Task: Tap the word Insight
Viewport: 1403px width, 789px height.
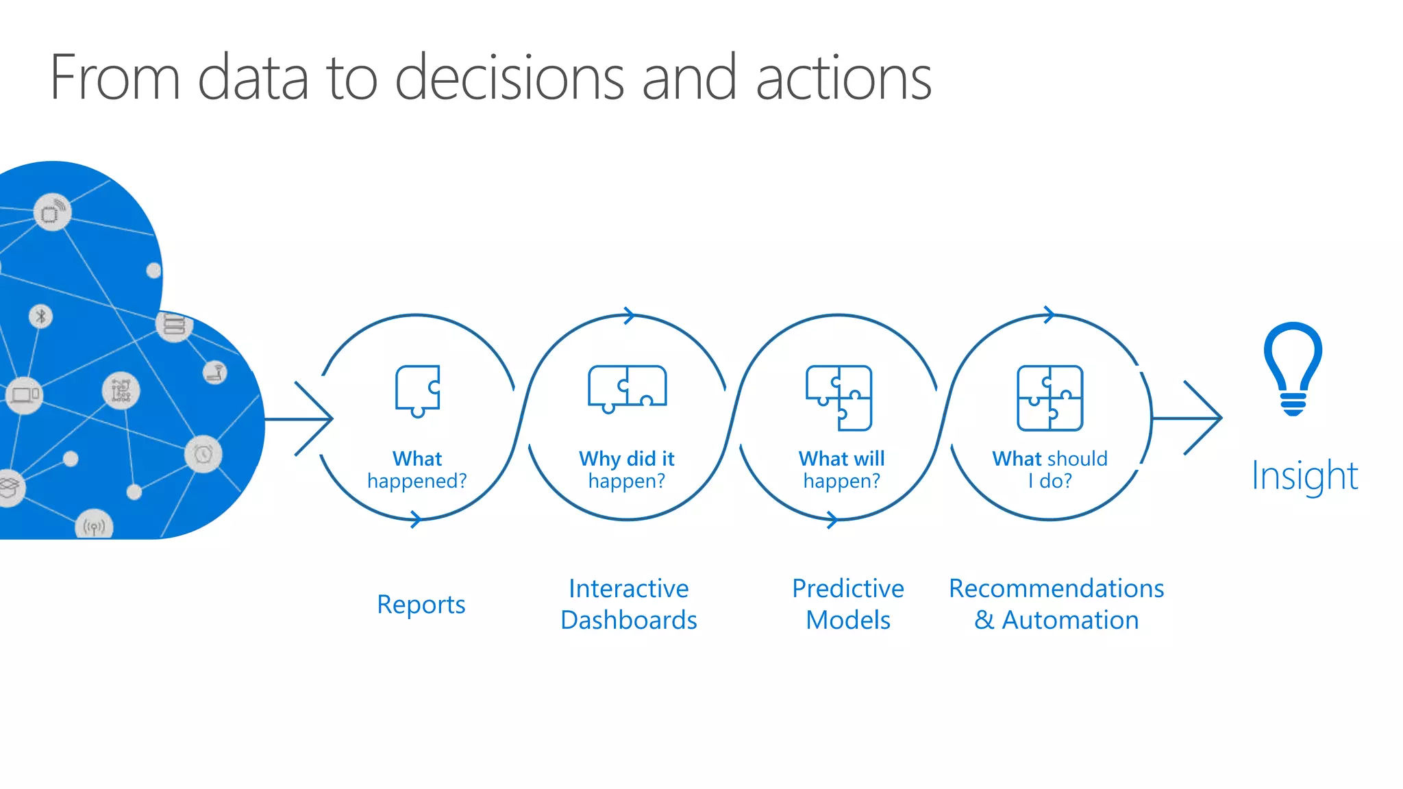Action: (x=1304, y=475)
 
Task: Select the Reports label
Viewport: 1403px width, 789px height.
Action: (x=421, y=605)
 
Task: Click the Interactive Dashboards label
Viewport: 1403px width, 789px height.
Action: (x=628, y=604)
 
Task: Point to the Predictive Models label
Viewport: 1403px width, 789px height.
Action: (x=847, y=604)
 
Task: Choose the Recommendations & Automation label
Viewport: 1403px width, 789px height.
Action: (x=1056, y=604)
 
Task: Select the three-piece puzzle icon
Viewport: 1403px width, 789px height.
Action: (x=839, y=398)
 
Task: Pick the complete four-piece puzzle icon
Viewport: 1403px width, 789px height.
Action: (x=1050, y=398)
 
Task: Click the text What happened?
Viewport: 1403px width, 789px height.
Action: (x=417, y=470)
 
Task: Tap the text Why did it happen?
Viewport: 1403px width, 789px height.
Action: (x=626, y=470)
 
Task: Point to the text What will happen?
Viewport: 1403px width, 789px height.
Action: (x=841, y=470)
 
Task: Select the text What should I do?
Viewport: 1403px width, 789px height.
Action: (x=1050, y=470)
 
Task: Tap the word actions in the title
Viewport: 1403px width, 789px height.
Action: (x=843, y=79)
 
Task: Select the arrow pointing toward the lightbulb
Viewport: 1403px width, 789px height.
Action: (x=1192, y=418)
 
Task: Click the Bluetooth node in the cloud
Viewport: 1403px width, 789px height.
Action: (x=41, y=316)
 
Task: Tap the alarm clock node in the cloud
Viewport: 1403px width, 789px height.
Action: (x=203, y=454)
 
